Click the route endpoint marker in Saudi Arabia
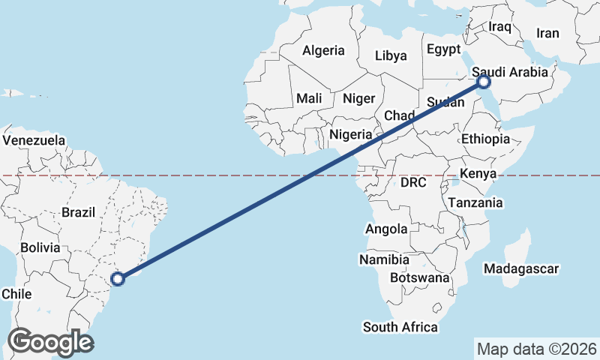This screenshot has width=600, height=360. (x=484, y=81)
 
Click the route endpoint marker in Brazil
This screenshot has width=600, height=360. (x=118, y=279)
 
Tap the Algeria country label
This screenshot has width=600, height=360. (x=323, y=51)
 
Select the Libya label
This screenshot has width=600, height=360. (x=391, y=55)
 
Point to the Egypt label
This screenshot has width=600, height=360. (x=443, y=49)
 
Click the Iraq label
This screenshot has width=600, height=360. (x=499, y=27)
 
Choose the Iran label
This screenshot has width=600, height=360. (x=547, y=33)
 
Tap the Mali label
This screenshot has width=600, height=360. (x=309, y=98)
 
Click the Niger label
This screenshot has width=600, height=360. (x=358, y=98)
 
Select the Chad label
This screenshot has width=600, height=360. (x=399, y=115)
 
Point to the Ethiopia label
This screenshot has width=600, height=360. (x=485, y=139)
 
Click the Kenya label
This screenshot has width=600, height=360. (x=479, y=174)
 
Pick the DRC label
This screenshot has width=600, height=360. (x=413, y=182)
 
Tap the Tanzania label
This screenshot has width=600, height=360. (x=475, y=202)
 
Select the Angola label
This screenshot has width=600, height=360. (x=385, y=229)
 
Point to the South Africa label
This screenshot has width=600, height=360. (x=400, y=327)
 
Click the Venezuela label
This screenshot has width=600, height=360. (x=34, y=140)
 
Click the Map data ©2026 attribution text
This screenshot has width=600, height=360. (x=537, y=349)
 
